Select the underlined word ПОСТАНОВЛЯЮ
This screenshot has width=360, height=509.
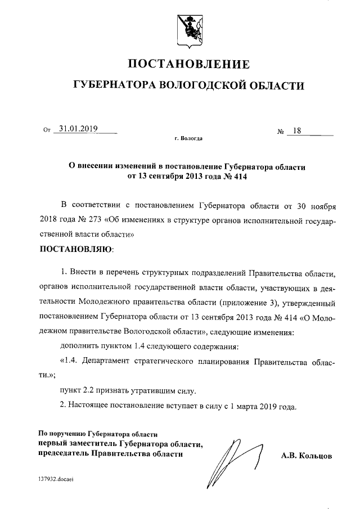point(76,248)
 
